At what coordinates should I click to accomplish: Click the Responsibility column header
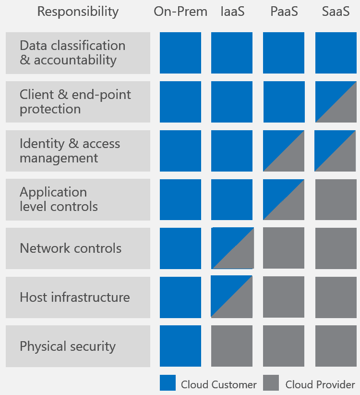(x=78, y=12)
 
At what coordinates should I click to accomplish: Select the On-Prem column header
(x=180, y=12)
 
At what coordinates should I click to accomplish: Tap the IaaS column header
(x=232, y=12)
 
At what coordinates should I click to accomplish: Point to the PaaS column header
(x=284, y=12)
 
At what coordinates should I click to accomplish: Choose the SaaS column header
(x=336, y=12)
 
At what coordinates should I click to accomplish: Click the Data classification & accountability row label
(x=78, y=53)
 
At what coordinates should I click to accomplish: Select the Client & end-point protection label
(x=78, y=102)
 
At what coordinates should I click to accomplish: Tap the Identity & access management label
(x=78, y=150)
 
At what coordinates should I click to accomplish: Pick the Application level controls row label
(x=78, y=199)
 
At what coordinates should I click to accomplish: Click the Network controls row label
(x=78, y=248)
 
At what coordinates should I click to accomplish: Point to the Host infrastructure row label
(x=78, y=297)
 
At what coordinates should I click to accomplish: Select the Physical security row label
(x=78, y=346)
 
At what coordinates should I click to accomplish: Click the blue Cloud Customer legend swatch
(x=168, y=383)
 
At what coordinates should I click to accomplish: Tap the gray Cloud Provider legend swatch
(x=271, y=383)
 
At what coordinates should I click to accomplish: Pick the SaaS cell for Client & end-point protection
(x=336, y=102)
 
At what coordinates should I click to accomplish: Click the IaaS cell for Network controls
(x=232, y=248)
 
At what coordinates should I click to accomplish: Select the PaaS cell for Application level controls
(x=284, y=199)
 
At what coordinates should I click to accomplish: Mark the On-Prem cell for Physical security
(x=180, y=346)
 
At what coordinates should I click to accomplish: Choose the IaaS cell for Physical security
(x=232, y=346)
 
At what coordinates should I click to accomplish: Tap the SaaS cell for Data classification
(x=336, y=53)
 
